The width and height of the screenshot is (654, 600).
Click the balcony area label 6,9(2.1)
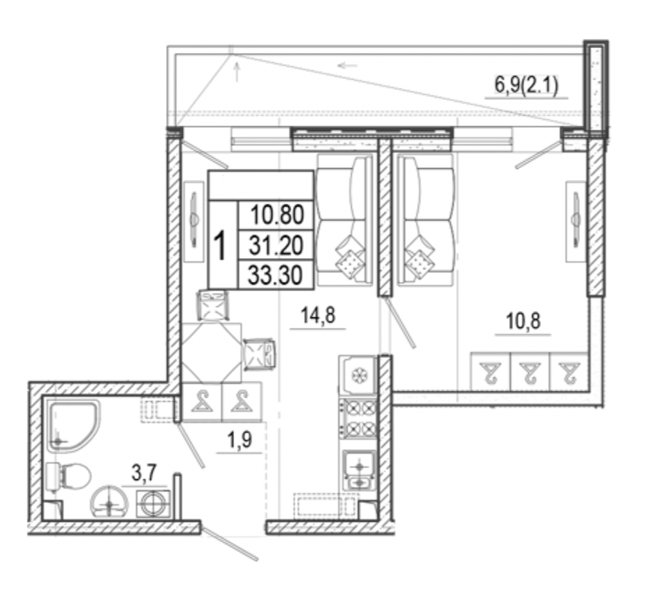tap(526, 86)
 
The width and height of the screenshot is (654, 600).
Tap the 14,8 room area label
tap(318, 315)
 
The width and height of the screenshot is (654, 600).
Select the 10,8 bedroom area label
tap(523, 321)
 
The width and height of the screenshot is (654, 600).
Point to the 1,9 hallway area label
tap(240, 440)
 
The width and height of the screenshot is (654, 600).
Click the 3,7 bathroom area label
tap(144, 473)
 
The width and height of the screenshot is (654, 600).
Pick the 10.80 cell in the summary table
tap(277, 215)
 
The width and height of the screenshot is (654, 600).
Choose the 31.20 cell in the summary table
tap(277, 245)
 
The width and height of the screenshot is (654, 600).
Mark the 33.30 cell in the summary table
tap(277, 275)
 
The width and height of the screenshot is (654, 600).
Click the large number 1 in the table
tap(219, 246)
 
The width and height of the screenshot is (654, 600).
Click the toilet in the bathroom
tap(68, 477)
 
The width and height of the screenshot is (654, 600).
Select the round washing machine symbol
tap(153, 504)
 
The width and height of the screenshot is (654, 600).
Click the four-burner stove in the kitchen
tap(358, 418)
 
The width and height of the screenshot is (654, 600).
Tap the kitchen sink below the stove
tap(359, 471)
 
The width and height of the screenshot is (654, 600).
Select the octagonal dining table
tap(212, 353)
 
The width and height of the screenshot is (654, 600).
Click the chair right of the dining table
tap(260, 354)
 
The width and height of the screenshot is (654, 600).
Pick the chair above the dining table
tap(213, 306)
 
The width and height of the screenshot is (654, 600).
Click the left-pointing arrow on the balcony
tap(347, 65)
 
